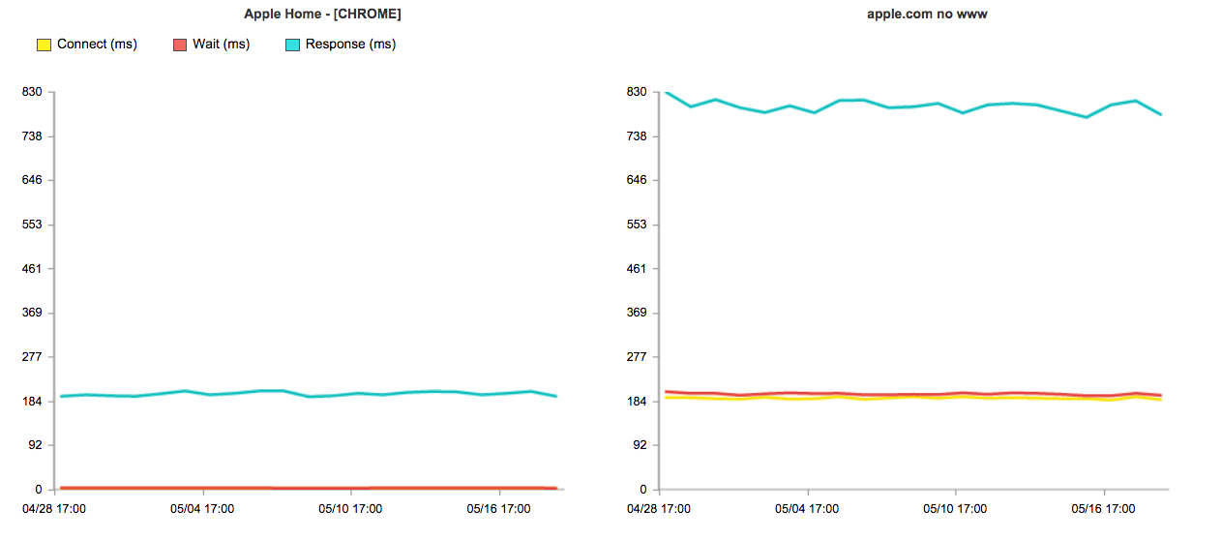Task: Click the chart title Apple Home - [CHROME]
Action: click(322, 15)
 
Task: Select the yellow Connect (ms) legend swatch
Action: click(44, 45)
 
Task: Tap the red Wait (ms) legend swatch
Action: click(179, 45)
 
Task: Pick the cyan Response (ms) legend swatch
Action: click(292, 45)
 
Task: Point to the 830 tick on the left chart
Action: click(32, 92)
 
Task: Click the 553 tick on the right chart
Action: click(636, 225)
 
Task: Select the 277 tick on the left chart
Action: click(32, 357)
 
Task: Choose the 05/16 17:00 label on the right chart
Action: click(1103, 508)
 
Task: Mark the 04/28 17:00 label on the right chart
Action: click(658, 508)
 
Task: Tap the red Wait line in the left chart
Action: click(290, 488)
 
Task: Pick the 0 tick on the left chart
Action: click(39, 490)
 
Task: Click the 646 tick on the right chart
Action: click(636, 180)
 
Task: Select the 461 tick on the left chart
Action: click(32, 269)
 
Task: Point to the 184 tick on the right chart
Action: click(636, 402)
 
